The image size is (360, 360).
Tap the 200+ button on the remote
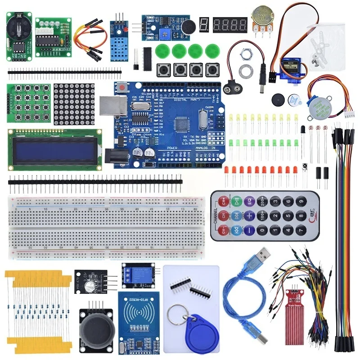263,201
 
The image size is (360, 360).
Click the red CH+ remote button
222,201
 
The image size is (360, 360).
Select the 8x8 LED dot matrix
74,104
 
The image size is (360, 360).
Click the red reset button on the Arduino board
121,88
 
